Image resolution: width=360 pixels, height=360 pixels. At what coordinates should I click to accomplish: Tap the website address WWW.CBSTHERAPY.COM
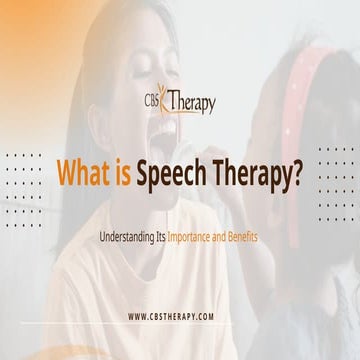point(171,316)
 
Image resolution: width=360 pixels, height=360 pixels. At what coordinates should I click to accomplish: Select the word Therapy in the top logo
point(192,103)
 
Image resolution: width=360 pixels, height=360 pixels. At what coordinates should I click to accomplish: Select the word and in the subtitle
point(220,239)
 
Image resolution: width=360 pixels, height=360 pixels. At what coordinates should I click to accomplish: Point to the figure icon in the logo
point(169,99)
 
